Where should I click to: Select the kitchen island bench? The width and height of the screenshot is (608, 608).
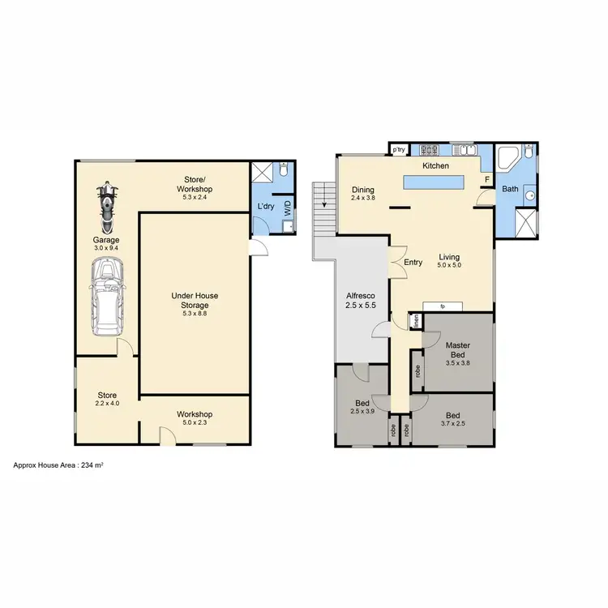(435, 182)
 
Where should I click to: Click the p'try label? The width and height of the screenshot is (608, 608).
(398, 150)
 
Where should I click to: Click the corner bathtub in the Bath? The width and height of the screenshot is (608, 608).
(507, 158)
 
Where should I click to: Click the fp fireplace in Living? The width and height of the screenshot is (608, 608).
(443, 306)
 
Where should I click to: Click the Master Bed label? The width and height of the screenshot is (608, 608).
(458, 350)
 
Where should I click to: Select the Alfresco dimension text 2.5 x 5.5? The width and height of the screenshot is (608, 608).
(362, 306)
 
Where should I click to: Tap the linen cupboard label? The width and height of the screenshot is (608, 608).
(415, 321)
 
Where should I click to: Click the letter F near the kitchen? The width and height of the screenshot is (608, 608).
(486, 179)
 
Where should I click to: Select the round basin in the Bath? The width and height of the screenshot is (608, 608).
(528, 195)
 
